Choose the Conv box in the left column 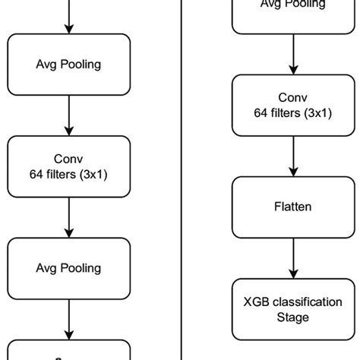[69, 167]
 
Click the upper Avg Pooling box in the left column [69, 65]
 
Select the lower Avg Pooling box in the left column [69, 268]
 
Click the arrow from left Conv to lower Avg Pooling [69, 217]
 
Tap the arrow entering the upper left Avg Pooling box [69, 17]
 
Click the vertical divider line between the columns [183, 180]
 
